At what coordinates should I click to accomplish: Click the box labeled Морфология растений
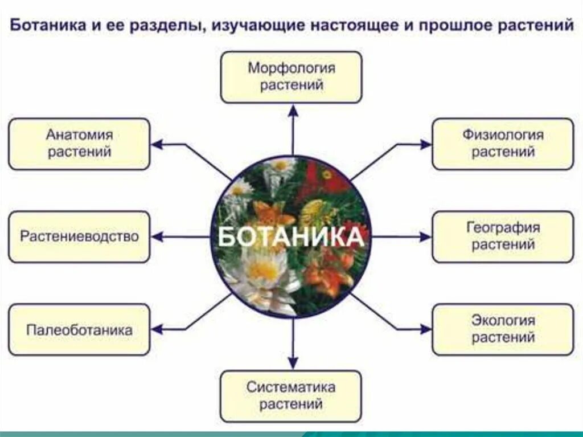(x=291, y=77)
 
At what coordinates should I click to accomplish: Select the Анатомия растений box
(x=79, y=144)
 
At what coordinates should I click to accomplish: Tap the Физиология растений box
(x=503, y=144)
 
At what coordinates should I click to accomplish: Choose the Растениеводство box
(x=79, y=236)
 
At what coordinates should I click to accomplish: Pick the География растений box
(x=503, y=236)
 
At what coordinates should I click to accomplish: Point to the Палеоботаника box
(x=79, y=329)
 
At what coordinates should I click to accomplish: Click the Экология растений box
(x=503, y=329)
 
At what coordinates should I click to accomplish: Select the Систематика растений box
(x=291, y=396)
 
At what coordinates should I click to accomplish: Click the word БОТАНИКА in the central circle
(x=291, y=236)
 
